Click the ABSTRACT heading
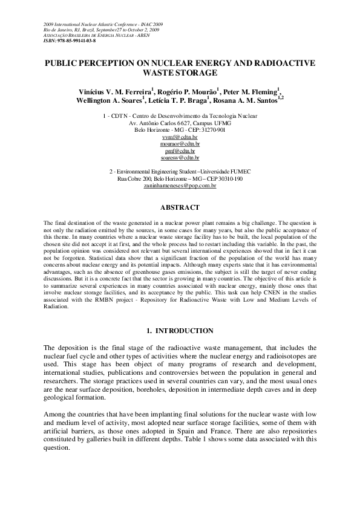180,207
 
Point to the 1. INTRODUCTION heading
180,331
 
